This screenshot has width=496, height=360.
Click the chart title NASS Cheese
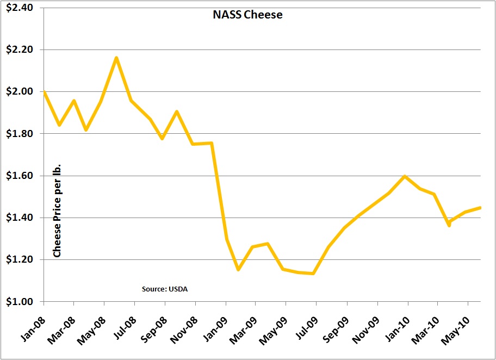point(247,15)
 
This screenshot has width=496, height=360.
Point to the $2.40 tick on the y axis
point(20,8)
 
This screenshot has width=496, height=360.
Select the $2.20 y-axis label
point(20,50)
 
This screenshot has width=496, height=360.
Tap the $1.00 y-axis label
point(20,302)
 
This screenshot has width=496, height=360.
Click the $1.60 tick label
point(20,176)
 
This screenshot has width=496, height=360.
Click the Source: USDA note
point(165,289)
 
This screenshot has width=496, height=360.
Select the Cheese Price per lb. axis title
point(57,210)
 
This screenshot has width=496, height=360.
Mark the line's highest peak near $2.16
point(116,58)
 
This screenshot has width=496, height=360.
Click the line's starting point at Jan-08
point(44,92)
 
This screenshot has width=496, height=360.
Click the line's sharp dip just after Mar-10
point(449,225)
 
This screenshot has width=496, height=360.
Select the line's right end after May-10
point(480,207)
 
